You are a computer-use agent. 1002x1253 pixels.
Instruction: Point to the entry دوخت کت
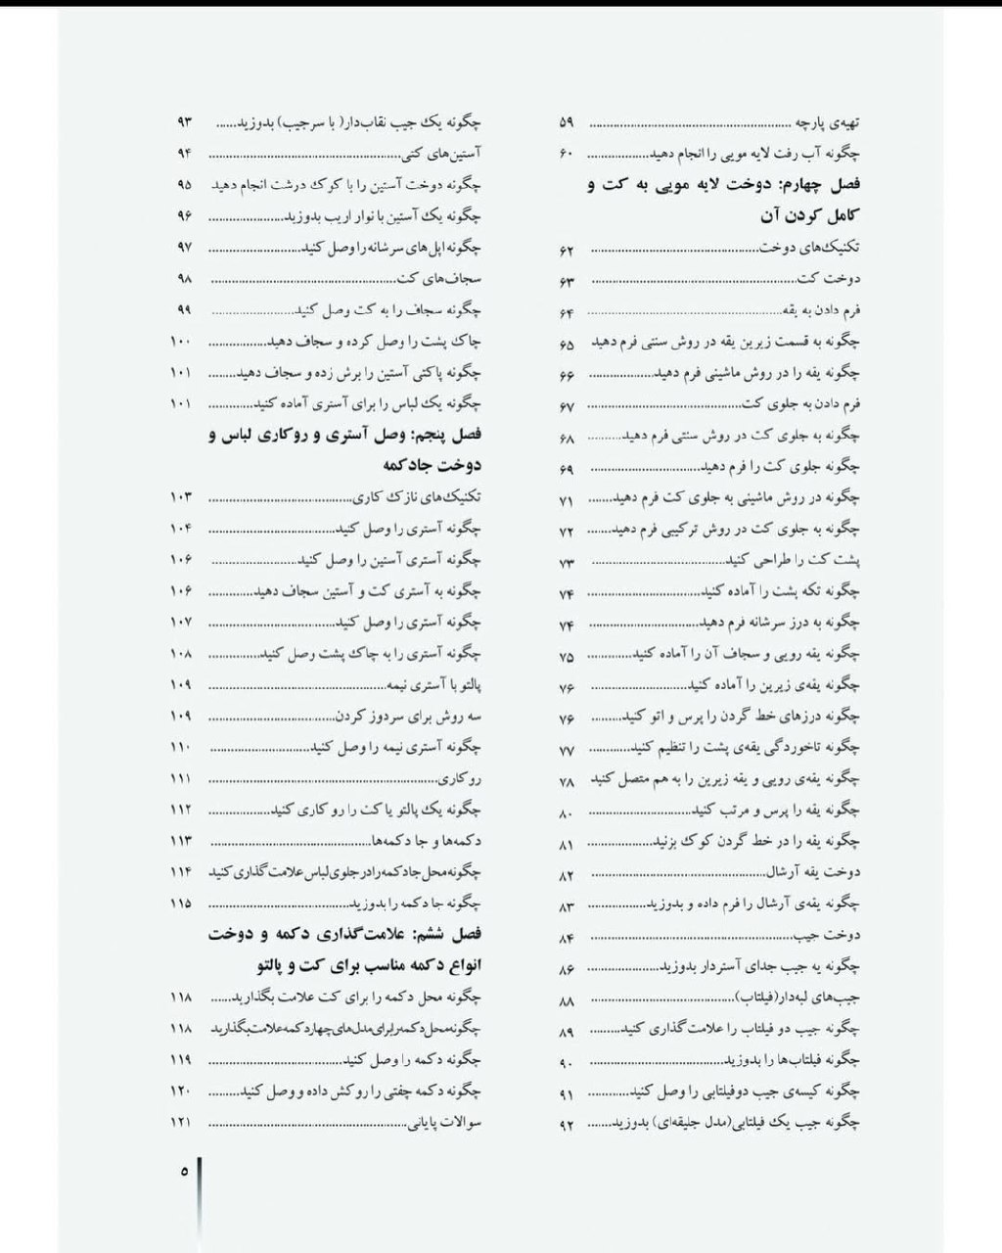click(842, 280)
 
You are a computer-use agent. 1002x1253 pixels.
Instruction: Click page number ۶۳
click(568, 281)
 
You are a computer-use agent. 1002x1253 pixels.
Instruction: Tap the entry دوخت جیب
click(840, 935)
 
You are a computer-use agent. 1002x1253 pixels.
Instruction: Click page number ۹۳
click(184, 122)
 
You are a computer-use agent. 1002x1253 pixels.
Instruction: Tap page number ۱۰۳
click(181, 497)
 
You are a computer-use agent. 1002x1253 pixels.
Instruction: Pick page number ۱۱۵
click(181, 904)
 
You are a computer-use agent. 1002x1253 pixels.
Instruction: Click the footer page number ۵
click(183, 1170)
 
